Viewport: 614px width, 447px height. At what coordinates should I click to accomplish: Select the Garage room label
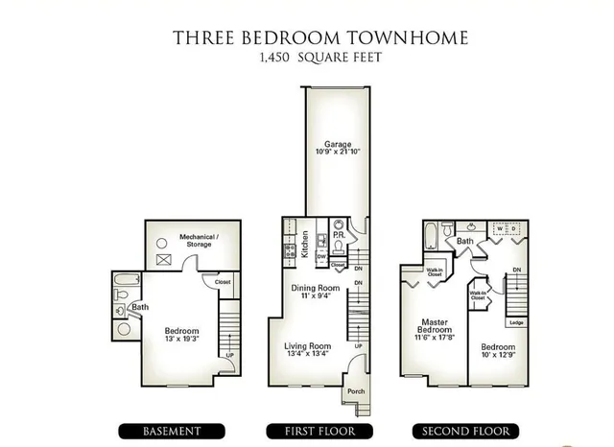pos(334,143)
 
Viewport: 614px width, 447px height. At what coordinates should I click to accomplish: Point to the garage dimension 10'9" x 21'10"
pos(334,152)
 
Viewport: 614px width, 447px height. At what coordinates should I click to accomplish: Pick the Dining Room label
pos(316,288)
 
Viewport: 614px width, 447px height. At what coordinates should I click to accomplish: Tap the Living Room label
pos(307,346)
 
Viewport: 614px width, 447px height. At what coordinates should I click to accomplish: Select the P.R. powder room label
pos(339,236)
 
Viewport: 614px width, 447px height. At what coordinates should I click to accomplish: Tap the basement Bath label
pos(140,308)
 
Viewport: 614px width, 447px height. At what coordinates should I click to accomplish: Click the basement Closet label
pos(223,282)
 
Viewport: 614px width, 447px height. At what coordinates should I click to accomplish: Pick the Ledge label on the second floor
pos(516,322)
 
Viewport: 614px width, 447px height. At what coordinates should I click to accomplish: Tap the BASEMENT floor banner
pos(173,431)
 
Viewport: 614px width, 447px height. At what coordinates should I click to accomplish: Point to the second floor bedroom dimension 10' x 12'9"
pos(499,355)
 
